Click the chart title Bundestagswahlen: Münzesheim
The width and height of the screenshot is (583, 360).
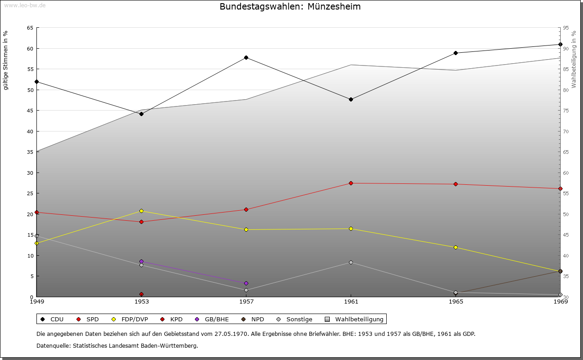290,7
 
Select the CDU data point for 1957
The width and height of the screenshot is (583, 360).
246,57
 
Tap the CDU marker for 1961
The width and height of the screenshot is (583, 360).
351,99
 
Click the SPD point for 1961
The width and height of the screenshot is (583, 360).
351,183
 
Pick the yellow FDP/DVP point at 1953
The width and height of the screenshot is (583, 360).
141,211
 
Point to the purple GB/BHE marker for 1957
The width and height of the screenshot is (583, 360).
246,283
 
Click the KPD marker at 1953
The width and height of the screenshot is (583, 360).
141,294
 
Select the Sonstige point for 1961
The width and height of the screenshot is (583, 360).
351,262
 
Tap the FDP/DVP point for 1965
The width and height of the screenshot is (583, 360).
455,247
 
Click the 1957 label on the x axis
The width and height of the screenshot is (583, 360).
246,301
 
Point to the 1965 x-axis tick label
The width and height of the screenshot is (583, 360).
455,301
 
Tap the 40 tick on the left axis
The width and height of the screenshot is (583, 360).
30,131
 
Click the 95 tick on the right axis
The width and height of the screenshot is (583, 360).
566,28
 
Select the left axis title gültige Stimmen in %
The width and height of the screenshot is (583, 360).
6,60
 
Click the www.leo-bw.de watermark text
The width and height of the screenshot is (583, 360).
25,5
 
